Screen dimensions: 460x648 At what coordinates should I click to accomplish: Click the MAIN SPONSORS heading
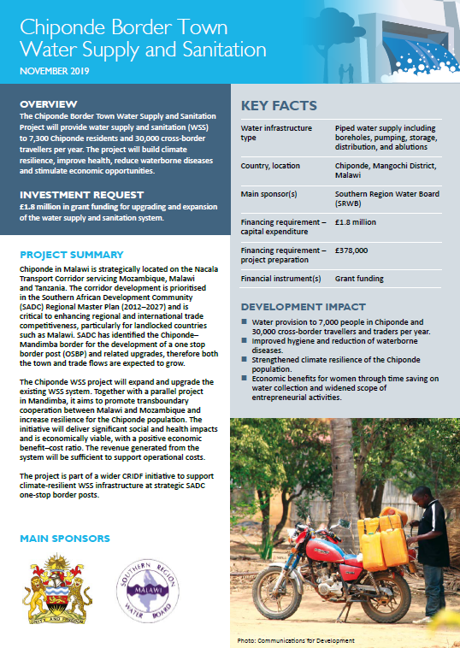pyautogui.click(x=65, y=539)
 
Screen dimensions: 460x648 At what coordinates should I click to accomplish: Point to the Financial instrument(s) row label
pyautogui.click(x=280, y=279)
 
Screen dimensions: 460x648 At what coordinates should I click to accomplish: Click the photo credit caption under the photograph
pyautogui.click(x=297, y=639)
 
